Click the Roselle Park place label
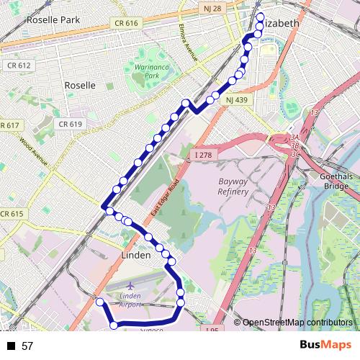(x=52, y=20)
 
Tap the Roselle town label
(x=79, y=85)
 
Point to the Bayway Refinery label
(x=233, y=186)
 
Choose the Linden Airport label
(x=130, y=300)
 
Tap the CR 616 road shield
(x=125, y=23)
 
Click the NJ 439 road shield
(x=235, y=99)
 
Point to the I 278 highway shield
(x=204, y=155)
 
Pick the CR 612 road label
(x=19, y=66)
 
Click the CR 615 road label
(x=12, y=214)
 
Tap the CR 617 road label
(x=10, y=125)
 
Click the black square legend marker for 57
(x=11, y=346)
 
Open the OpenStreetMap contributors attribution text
(x=297, y=323)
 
